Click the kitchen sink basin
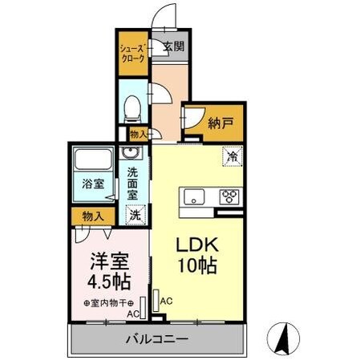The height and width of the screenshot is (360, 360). pyautogui.click(x=195, y=196)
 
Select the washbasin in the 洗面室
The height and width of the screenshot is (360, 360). pyautogui.click(x=130, y=154)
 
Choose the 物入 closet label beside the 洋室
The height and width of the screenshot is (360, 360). pyautogui.click(x=93, y=215)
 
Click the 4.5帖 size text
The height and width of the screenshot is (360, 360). pyautogui.click(x=109, y=282)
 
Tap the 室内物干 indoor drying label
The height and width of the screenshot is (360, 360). pyautogui.click(x=111, y=302)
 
